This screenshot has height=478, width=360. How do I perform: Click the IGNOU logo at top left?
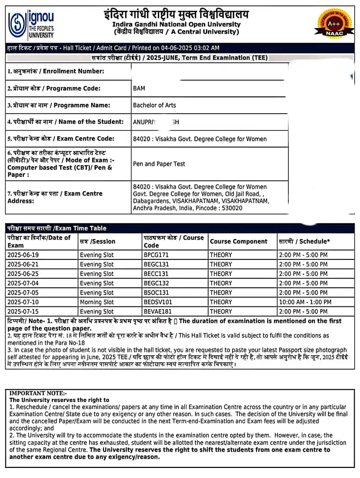coord(31,24)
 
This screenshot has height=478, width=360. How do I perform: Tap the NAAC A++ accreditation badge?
coord(334,24)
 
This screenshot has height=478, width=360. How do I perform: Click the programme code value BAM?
coord(139,89)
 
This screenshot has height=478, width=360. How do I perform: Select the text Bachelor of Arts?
coord(154,105)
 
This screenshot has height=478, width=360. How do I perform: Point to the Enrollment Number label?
coord(56,71)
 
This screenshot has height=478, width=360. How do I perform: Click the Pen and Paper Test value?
coord(159,164)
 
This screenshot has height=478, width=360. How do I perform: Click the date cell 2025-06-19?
coord(23,255)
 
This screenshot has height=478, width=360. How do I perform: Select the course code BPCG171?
coord(156,255)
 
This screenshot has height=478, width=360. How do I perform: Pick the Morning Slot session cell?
coord(97,302)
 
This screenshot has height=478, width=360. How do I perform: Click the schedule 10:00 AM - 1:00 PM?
coord(305,302)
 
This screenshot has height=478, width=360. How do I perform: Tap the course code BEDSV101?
coord(158,302)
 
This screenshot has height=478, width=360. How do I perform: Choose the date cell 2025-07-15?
coord(23,311)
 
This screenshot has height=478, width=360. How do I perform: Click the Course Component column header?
coord(238,242)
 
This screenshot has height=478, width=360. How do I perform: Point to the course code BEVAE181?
coord(157,311)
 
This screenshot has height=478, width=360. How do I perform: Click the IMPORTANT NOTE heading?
coord(38,393)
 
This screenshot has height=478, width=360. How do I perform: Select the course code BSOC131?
coord(156,293)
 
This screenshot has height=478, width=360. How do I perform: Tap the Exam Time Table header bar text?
coord(57,228)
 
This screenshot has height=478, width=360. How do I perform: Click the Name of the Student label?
coord(65,122)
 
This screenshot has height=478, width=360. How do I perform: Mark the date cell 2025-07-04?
coord(23,283)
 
